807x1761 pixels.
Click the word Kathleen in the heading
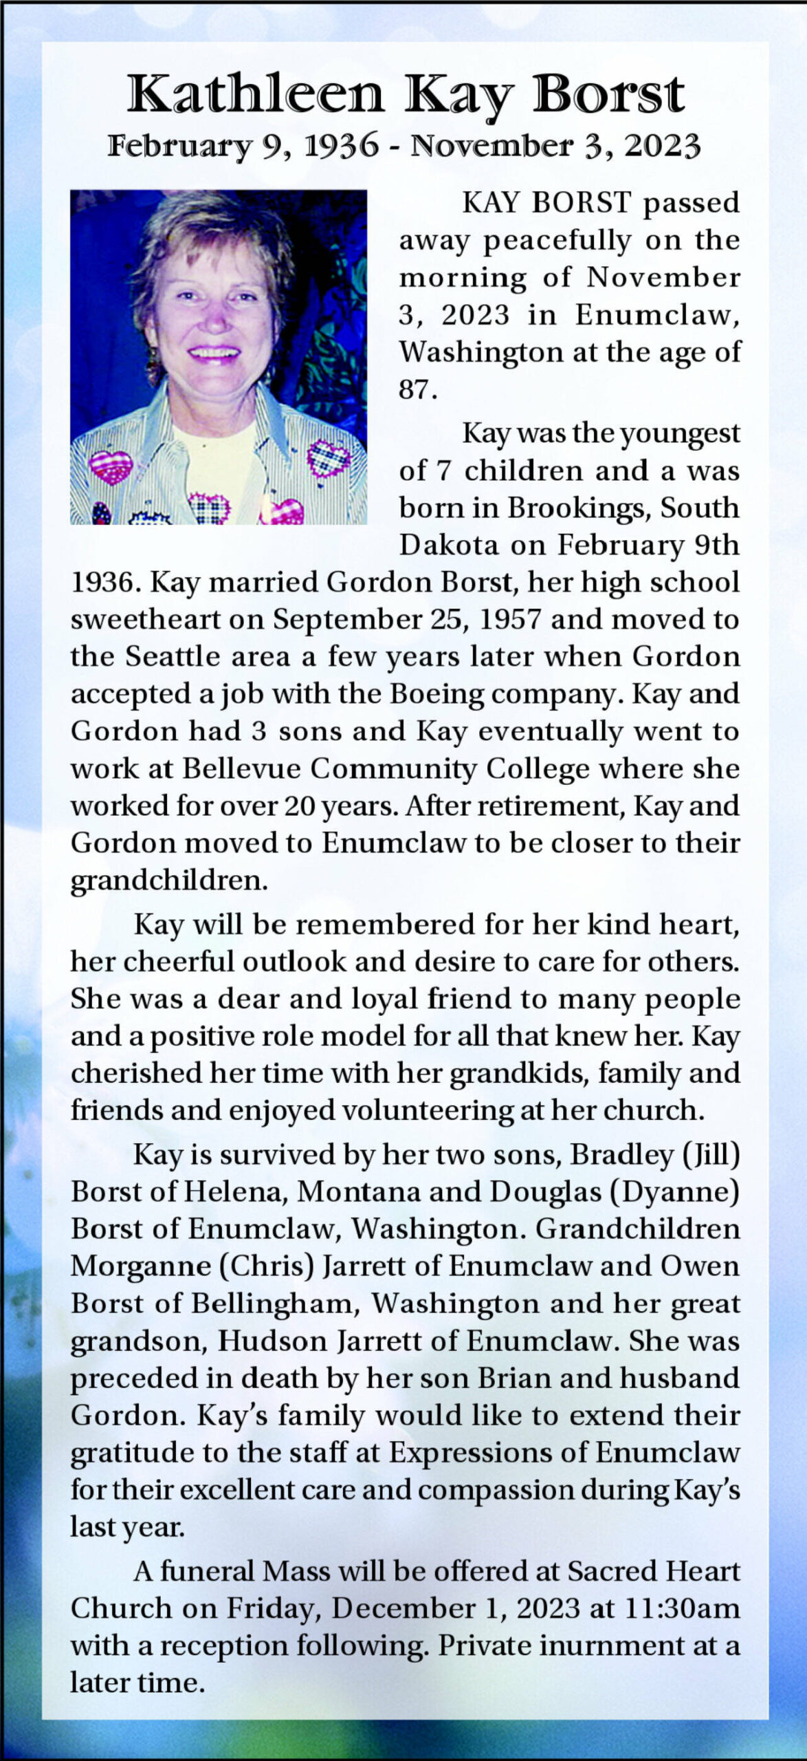point(255,94)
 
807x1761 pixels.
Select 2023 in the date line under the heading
point(663,146)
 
